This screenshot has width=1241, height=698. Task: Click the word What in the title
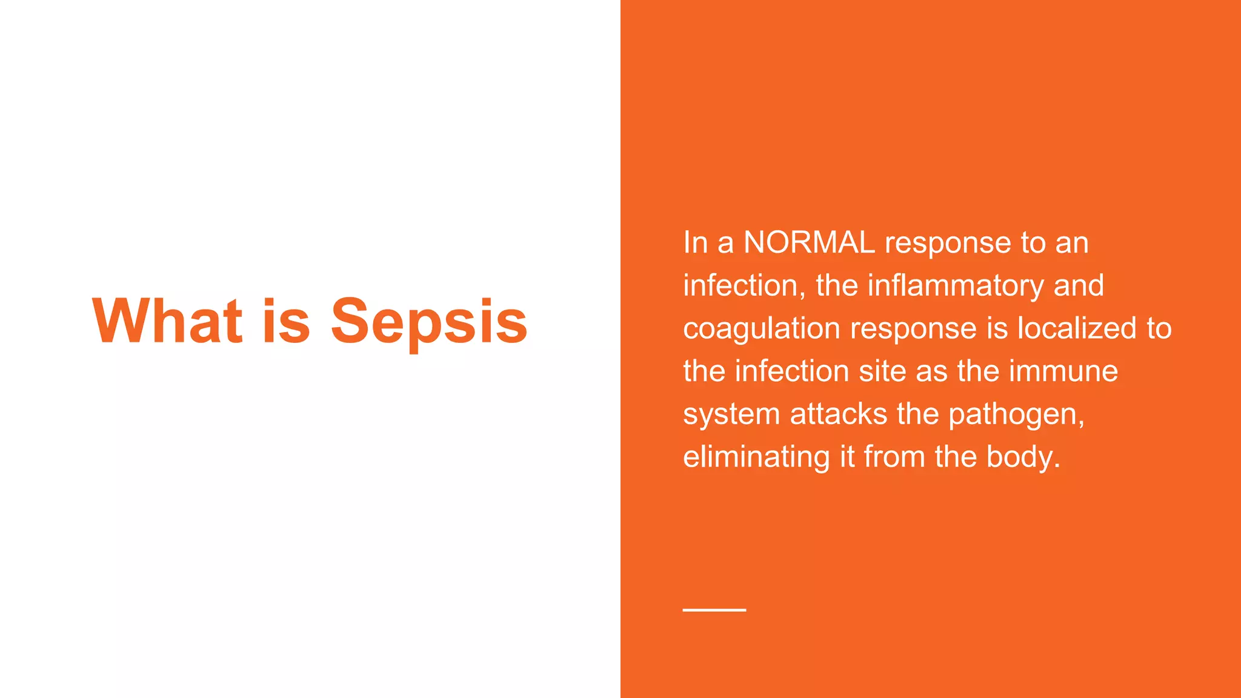[x=167, y=321]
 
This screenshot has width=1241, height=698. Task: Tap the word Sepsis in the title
[x=429, y=322]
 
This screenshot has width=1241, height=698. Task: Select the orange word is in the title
[x=286, y=321]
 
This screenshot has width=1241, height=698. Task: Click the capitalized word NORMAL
[x=809, y=242]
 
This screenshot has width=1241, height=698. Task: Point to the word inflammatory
[x=956, y=285]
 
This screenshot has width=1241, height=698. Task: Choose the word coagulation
[x=762, y=329]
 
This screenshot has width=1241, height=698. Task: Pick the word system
[x=731, y=415]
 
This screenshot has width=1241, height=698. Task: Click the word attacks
[x=839, y=414]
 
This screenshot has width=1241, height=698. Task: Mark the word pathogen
[x=1016, y=415]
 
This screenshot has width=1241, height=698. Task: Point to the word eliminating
[x=756, y=457]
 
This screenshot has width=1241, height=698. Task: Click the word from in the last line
[x=894, y=457]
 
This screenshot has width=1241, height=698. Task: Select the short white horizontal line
[x=714, y=610]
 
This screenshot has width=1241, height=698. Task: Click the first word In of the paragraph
[x=695, y=242]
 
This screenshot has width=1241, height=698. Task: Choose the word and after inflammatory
[x=1079, y=285]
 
